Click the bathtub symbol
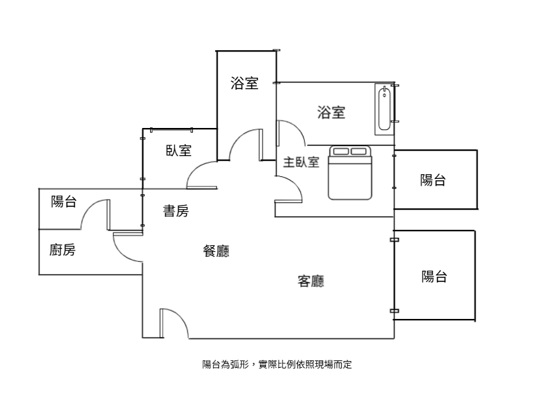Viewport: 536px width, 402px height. coord(384,109)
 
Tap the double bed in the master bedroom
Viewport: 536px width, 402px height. coord(350,173)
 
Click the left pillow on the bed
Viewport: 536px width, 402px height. coord(341,151)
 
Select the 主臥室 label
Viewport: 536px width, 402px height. coord(301,162)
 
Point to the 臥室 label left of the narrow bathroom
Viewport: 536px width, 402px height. coord(179,150)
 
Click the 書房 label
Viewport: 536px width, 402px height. coord(176,211)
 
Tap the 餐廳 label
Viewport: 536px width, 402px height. coord(216,251)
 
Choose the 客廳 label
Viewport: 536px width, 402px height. coord(311,281)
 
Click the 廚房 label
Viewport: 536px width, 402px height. coord(62,250)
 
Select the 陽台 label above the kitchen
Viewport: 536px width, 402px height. coord(64,202)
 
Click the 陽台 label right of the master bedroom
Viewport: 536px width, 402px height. coord(433,180)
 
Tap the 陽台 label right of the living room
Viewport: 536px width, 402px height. coord(434,276)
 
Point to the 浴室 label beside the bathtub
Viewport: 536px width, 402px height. coord(331,112)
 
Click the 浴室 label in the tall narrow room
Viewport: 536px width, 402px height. coord(245,83)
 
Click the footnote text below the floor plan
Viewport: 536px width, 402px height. coord(277,364)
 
